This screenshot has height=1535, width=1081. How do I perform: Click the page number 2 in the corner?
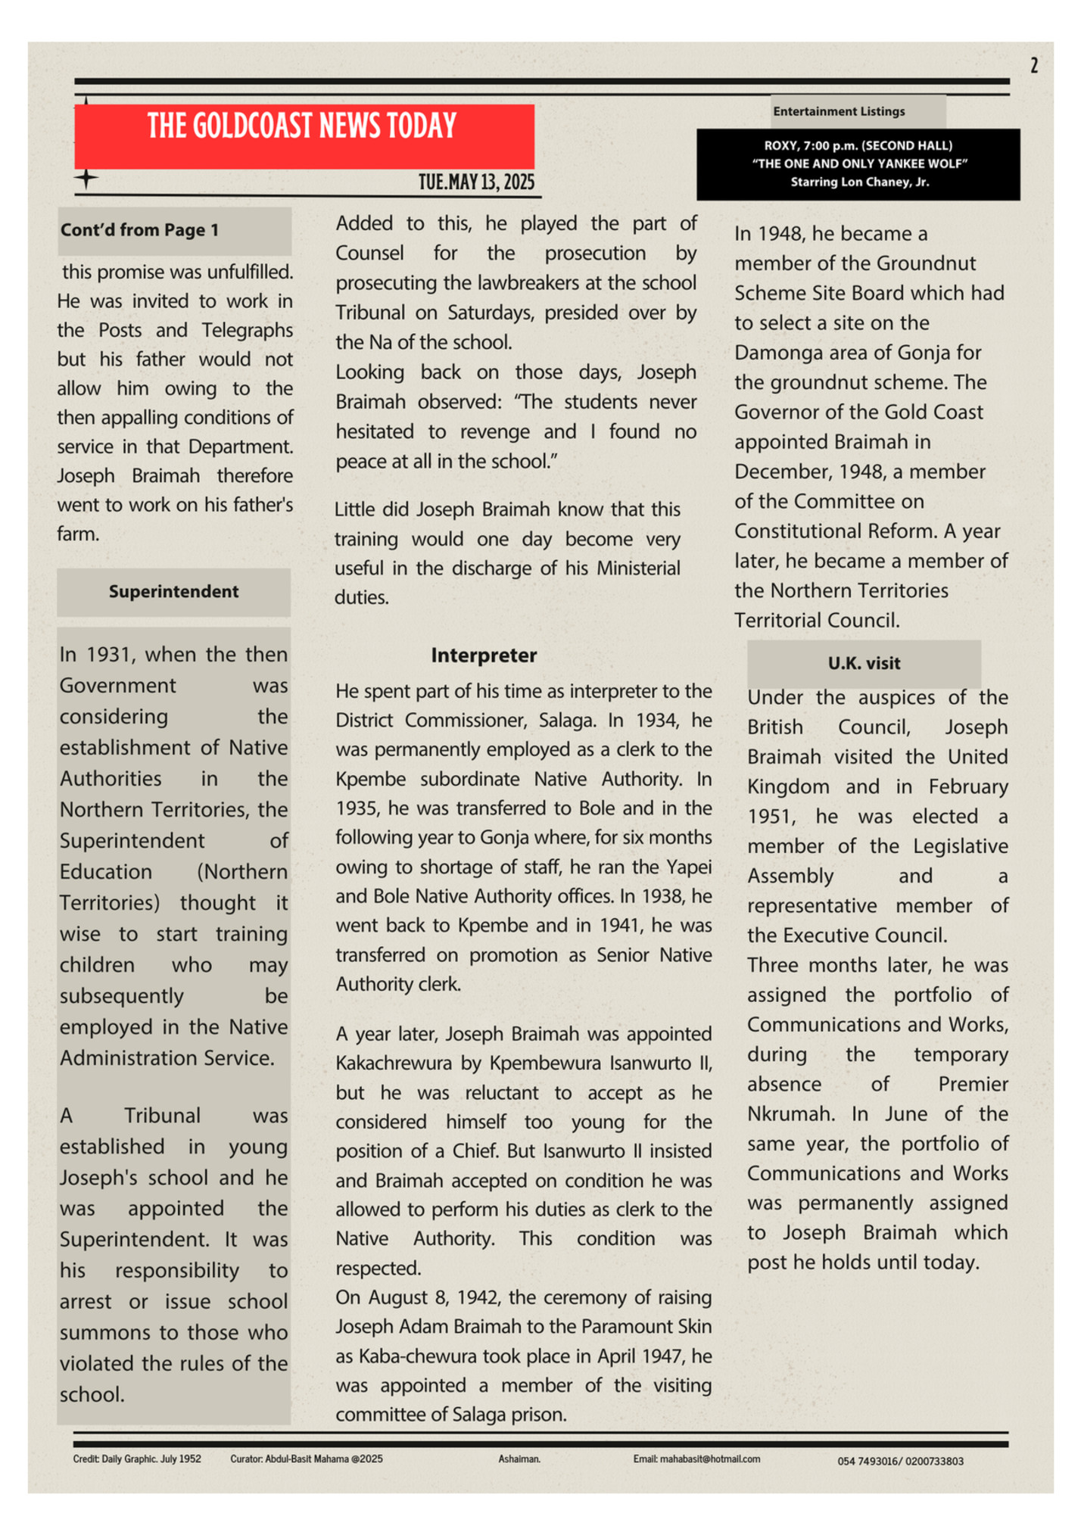[x=1033, y=66]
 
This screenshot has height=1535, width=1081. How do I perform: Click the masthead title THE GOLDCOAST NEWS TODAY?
[x=302, y=126]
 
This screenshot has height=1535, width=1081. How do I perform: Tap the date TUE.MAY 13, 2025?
[x=476, y=182]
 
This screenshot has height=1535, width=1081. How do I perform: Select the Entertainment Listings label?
[x=839, y=111]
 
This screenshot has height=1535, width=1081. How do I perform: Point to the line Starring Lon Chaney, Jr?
[x=859, y=182]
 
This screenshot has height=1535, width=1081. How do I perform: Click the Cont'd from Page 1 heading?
[x=140, y=230]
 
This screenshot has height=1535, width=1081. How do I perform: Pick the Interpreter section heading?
[x=484, y=655]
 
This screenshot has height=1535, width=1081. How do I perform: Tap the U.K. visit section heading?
[x=864, y=664]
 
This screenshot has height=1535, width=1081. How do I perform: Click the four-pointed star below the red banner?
[x=86, y=179]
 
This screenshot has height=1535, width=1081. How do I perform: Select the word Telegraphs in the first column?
[x=247, y=331]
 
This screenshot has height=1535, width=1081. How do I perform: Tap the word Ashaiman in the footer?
[x=519, y=1459]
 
